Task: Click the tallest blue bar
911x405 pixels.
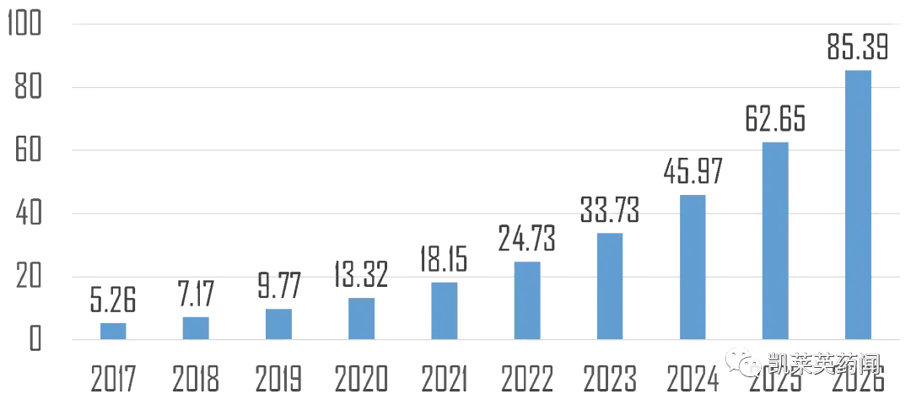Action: (860, 202)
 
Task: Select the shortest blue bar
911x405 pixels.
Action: (114, 328)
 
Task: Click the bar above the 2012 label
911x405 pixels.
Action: (527, 300)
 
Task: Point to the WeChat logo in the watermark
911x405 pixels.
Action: (742, 361)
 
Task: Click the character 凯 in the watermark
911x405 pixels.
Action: (777, 364)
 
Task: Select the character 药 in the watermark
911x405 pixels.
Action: (845, 364)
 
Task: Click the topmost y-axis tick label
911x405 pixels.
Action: (29, 24)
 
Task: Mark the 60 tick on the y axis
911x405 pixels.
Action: (29, 151)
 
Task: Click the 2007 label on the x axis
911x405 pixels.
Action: (114, 380)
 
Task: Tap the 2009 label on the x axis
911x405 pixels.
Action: (279, 380)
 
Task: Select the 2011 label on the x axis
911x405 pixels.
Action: (445, 380)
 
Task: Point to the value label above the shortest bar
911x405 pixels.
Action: (114, 300)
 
